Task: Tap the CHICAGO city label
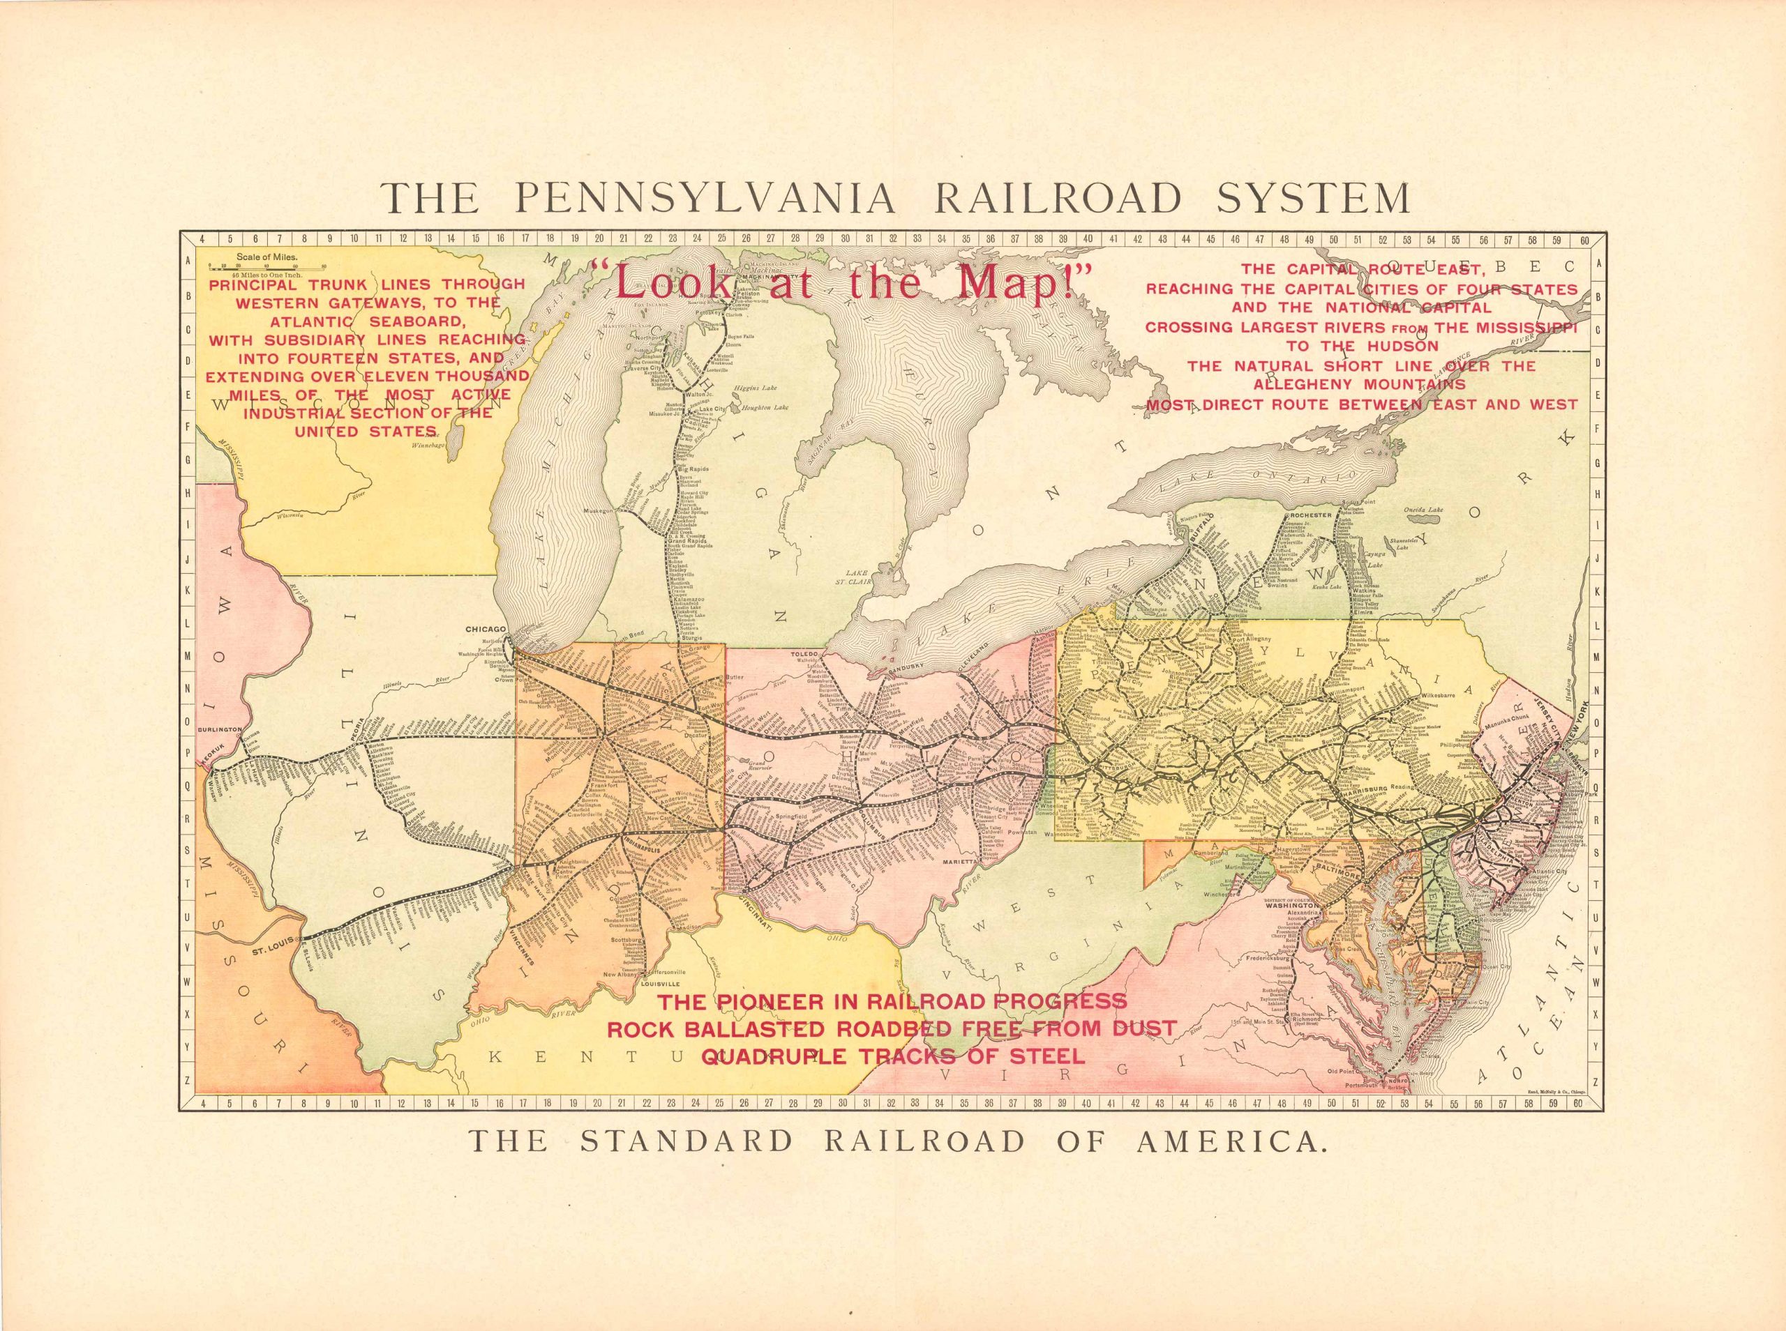click(484, 628)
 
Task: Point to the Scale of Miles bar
click(266, 264)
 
